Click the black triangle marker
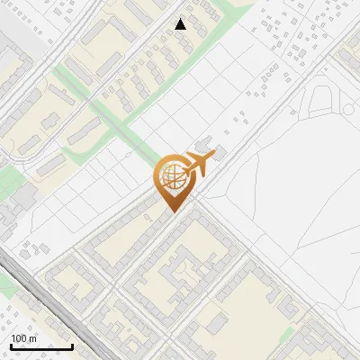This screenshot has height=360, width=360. [181, 24]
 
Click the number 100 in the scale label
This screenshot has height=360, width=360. [19, 338]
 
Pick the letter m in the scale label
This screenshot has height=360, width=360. [33, 339]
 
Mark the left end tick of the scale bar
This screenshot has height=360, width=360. [12, 346]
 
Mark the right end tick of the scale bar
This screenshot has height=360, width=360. [73, 346]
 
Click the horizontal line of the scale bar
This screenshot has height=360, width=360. [42, 347]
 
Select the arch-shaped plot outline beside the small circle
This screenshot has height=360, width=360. [321, 101]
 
